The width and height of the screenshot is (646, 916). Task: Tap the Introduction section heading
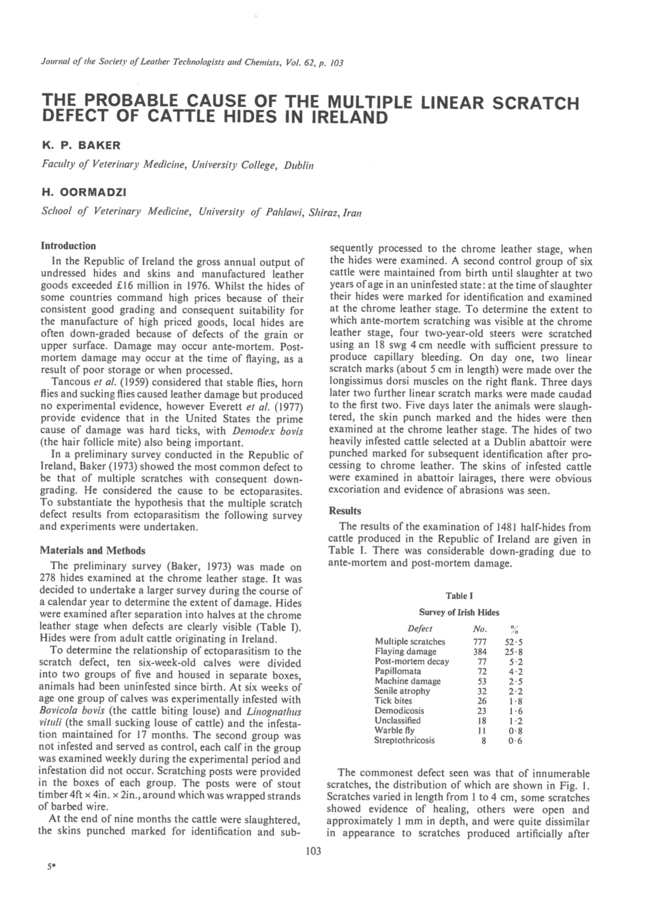[x=69, y=246]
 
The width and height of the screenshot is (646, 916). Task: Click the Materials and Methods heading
[x=93, y=550]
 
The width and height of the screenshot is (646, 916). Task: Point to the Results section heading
[x=345, y=511]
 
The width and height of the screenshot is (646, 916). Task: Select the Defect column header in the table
[x=420, y=629]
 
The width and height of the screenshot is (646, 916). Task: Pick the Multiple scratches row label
[x=410, y=642]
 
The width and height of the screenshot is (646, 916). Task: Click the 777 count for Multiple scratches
[x=480, y=642]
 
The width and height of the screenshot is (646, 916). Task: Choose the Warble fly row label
[x=394, y=730]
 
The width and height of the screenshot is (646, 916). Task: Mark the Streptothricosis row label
[x=404, y=740]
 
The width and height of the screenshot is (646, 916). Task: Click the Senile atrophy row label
[x=402, y=691]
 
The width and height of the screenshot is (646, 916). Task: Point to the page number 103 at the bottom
[x=314, y=851]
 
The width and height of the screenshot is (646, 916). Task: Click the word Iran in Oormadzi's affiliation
[x=352, y=213]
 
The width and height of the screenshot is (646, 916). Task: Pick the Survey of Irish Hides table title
[x=459, y=613]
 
